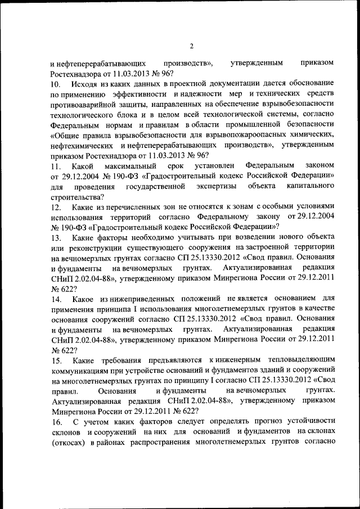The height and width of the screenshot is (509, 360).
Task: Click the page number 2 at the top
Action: [191, 46]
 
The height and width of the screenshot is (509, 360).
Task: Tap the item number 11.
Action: [56, 167]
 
